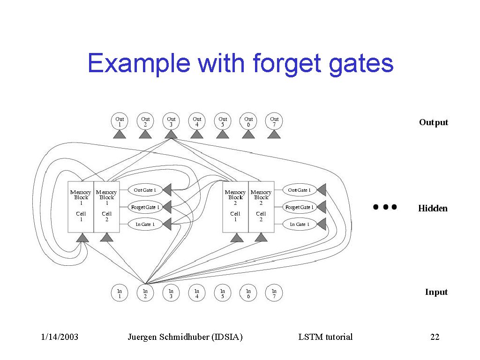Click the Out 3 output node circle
click(171, 121)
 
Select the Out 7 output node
click(274, 121)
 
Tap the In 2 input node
click(145, 293)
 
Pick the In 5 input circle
click(223, 293)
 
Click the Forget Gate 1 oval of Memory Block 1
click(145, 207)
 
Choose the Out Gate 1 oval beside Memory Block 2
click(299, 190)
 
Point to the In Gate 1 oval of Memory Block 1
click(145, 225)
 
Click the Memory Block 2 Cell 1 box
click(235, 206)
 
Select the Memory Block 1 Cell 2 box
click(107, 206)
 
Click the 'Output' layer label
click(434, 122)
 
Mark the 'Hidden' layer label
click(433, 209)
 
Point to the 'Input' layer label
click(436, 292)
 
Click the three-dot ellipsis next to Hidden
click(385, 207)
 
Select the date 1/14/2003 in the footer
click(60, 337)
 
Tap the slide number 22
click(435, 337)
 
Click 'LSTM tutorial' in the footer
click(325, 337)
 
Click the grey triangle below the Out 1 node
click(120, 135)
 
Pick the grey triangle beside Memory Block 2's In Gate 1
click(322, 224)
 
